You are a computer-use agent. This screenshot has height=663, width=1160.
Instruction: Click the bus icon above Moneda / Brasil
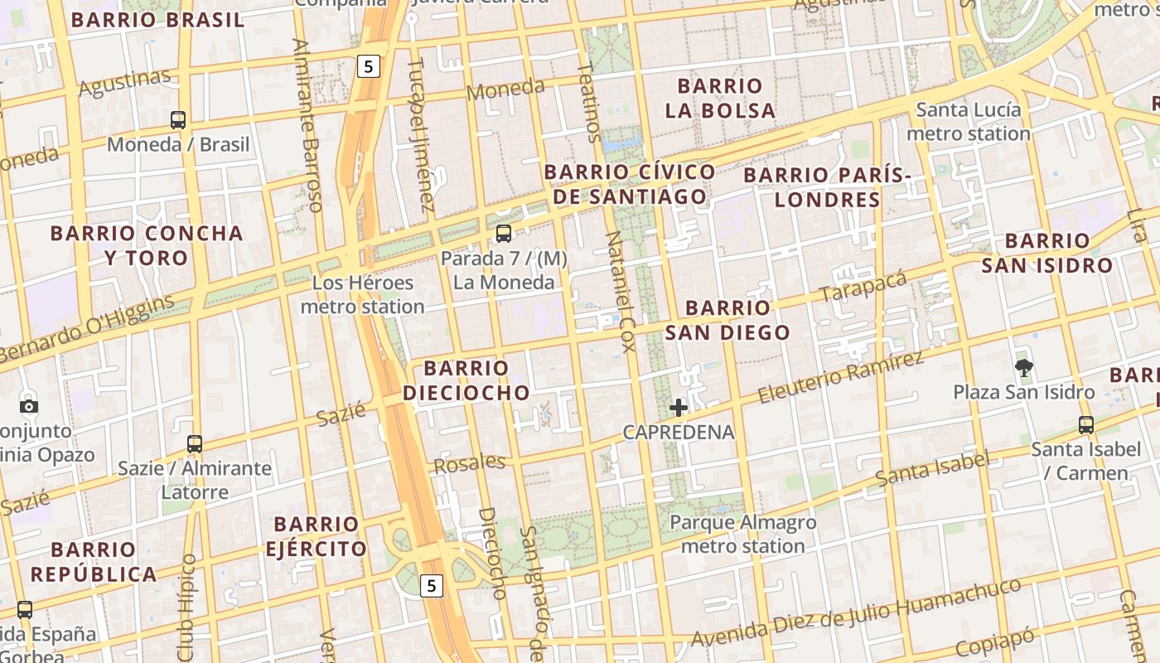tap(178, 120)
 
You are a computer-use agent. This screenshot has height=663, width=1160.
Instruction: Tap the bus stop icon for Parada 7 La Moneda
tap(504, 234)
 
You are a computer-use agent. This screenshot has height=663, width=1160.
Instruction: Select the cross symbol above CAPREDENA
tap(679, 407)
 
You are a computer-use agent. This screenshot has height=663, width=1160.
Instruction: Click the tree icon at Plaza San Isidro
tap(1024, 367)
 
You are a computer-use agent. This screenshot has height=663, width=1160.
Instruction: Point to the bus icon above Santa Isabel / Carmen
tap(1086, 425)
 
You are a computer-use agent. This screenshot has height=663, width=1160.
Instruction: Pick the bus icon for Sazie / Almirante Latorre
tap(195, 444)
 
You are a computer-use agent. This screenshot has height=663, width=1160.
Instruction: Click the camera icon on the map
tap(29, 406)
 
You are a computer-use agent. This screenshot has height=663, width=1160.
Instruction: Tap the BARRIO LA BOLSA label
tap(720, 98)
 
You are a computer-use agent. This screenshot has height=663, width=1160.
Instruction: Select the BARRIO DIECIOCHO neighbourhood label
tap(466, 380)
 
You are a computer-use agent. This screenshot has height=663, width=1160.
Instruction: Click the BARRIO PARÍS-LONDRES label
tap(827, 187)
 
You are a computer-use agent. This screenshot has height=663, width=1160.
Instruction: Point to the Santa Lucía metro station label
tap(969, 122)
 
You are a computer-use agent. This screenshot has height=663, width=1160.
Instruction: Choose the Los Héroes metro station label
tap(363, 294)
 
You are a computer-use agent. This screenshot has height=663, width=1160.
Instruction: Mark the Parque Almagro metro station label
tap(742, 535)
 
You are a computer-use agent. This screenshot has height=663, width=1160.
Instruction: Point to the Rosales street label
tap(470, 463)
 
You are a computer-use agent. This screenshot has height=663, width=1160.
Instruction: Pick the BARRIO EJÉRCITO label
tap(316, 536)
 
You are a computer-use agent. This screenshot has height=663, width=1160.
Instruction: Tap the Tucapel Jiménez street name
tap(421, 134)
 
